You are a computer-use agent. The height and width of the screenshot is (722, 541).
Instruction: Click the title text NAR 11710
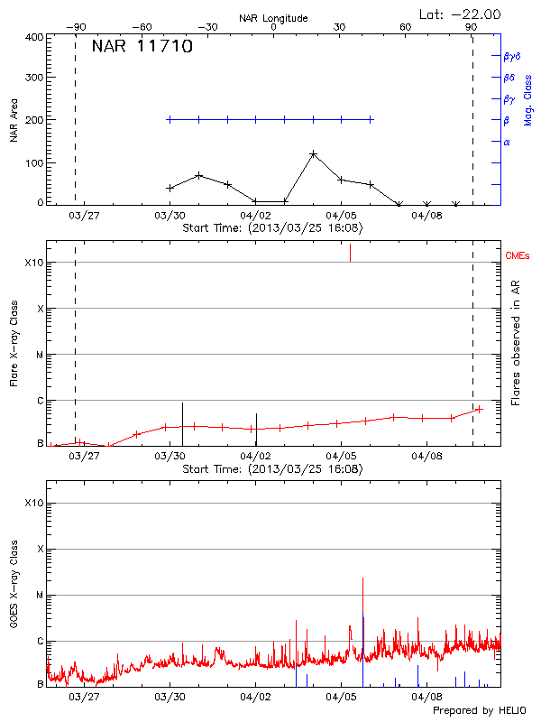click(x=142, y=48)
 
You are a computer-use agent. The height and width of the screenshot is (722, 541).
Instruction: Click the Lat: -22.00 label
click(x=462, y=14)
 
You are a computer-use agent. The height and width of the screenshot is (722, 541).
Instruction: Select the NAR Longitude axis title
click(x=273, y=18)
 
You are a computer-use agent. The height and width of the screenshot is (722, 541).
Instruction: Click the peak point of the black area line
click(x=313, y=154)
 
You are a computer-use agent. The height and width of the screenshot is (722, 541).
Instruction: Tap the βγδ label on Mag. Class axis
click(x=512, y=56)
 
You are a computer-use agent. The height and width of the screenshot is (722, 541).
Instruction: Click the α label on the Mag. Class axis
click(x=507, y=142)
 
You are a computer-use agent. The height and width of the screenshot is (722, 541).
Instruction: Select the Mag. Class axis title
click(x=528, y=99)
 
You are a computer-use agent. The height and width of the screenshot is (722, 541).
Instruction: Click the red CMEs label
click(x=518, y=256)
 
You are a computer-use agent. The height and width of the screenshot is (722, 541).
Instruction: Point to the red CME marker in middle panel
click(x=350, y=253)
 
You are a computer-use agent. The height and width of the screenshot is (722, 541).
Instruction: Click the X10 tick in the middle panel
click(x=33, y=263)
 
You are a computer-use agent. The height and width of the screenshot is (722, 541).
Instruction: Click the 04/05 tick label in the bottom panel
click(x=341, y=697)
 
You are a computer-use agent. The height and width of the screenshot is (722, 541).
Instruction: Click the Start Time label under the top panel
click(x=272, y=228)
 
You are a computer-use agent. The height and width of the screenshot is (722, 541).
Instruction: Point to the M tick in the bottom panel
click(x=39, y=596)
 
